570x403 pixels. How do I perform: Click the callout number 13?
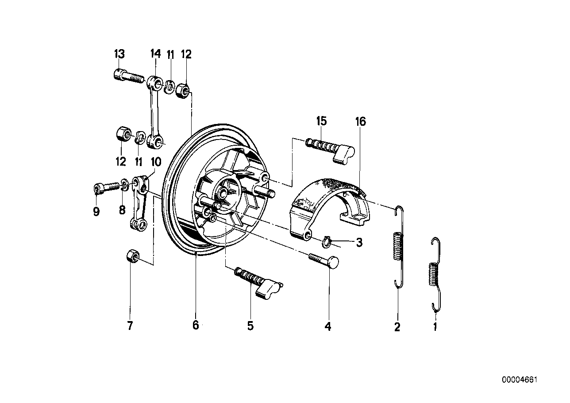click(119, 54)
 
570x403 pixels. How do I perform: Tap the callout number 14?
click(155, 54)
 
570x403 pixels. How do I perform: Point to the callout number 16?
click(361, 121)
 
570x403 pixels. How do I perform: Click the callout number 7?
click(130, 326)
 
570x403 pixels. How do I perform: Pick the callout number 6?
click(196, 325)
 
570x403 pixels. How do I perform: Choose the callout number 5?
click(250, 326)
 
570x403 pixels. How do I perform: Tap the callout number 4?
click(327, 327)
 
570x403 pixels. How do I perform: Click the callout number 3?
click(359, 243)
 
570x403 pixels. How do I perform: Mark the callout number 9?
click(96, 212)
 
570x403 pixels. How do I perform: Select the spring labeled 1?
click(435, 275)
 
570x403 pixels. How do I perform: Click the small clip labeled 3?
click(326, 241)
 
